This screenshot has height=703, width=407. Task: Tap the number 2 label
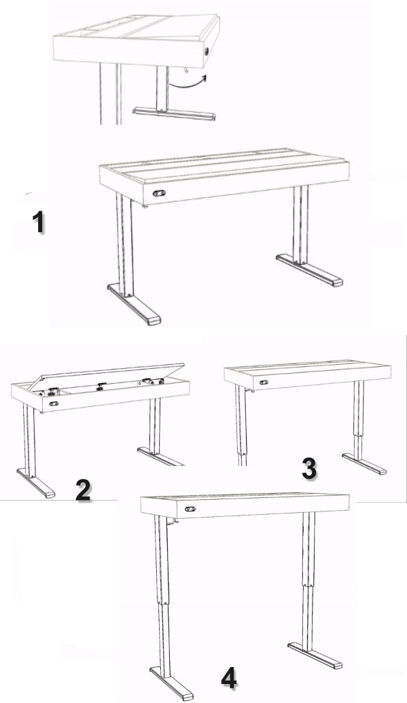click(x=84, y=490)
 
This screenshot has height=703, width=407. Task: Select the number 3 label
click(x=309, y=469)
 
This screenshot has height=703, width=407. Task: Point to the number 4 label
click(x=229, y=677)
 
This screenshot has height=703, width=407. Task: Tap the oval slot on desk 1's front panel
click(x=159, y=193)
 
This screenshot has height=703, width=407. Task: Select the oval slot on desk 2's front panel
click(x=54, y=404)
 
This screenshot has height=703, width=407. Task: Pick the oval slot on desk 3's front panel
click(x=264, y=382)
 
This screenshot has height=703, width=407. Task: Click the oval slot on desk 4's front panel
click(x=191, y=509)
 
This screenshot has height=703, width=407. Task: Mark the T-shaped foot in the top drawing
click(x=174, y=114)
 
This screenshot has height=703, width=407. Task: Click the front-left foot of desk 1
click(x=134, y=305)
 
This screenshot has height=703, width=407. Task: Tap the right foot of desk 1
click(x=309, y=270)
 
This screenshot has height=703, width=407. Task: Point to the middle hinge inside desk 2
click(x=102, y=385)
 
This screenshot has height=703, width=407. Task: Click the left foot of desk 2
click(x=36, y=483)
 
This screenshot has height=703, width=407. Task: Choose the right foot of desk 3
click(x=364, y=464)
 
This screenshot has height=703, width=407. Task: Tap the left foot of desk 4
click(x=171, y=683)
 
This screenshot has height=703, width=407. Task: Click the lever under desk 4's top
click(x=172, y=520)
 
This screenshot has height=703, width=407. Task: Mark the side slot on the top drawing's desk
click(x=207, y=52)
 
